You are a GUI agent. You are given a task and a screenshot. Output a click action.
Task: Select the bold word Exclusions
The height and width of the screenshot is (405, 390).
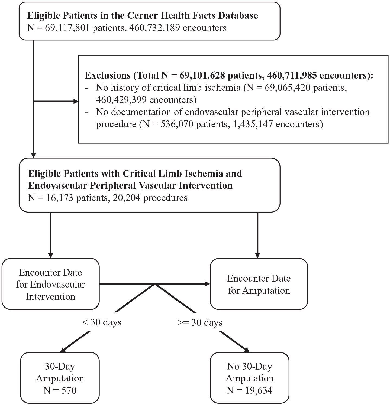(108, 75)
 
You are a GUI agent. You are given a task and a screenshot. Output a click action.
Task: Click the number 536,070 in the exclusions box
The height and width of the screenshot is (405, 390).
(178, 124)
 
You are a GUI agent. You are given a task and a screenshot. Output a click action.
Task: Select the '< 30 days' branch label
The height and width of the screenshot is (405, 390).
(102, 322)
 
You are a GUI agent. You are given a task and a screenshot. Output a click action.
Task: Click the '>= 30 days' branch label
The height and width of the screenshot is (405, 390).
(200, 322)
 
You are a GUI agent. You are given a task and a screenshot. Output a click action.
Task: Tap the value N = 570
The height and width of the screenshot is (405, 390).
(60, 390)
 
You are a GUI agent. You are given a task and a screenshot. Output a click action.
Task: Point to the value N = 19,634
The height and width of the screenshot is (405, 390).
(250, 390)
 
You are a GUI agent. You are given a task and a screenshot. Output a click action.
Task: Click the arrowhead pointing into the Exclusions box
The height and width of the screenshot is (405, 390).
(76, 102)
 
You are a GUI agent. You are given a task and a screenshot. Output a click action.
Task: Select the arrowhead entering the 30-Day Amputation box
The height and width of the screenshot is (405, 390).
(65, 349)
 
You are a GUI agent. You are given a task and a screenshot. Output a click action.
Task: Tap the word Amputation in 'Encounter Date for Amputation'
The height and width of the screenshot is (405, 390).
(266, 291)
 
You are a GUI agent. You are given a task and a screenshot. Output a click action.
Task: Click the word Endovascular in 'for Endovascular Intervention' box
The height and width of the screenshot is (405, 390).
(58, 284)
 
